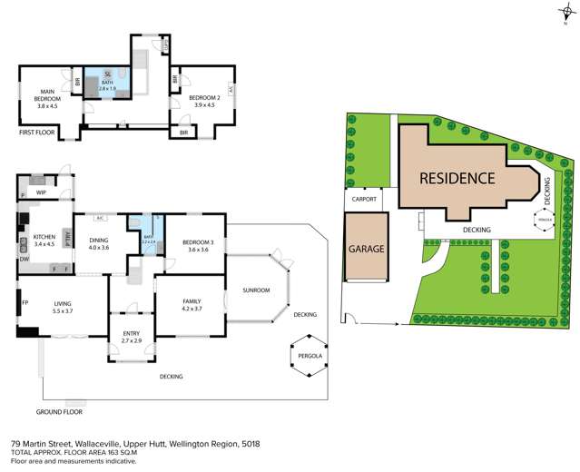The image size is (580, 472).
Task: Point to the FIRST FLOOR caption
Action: (x=38, y=133)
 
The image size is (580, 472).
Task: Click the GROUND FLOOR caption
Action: (x=60, y=410)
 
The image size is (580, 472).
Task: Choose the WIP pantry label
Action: (x=41, y=192)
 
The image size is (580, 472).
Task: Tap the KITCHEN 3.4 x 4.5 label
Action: (x=44, y=240)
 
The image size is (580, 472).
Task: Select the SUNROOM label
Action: (x=256, y=290)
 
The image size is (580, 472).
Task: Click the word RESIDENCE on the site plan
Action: (x=457, y=179)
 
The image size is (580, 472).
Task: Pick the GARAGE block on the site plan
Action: (x=365, y=248)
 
